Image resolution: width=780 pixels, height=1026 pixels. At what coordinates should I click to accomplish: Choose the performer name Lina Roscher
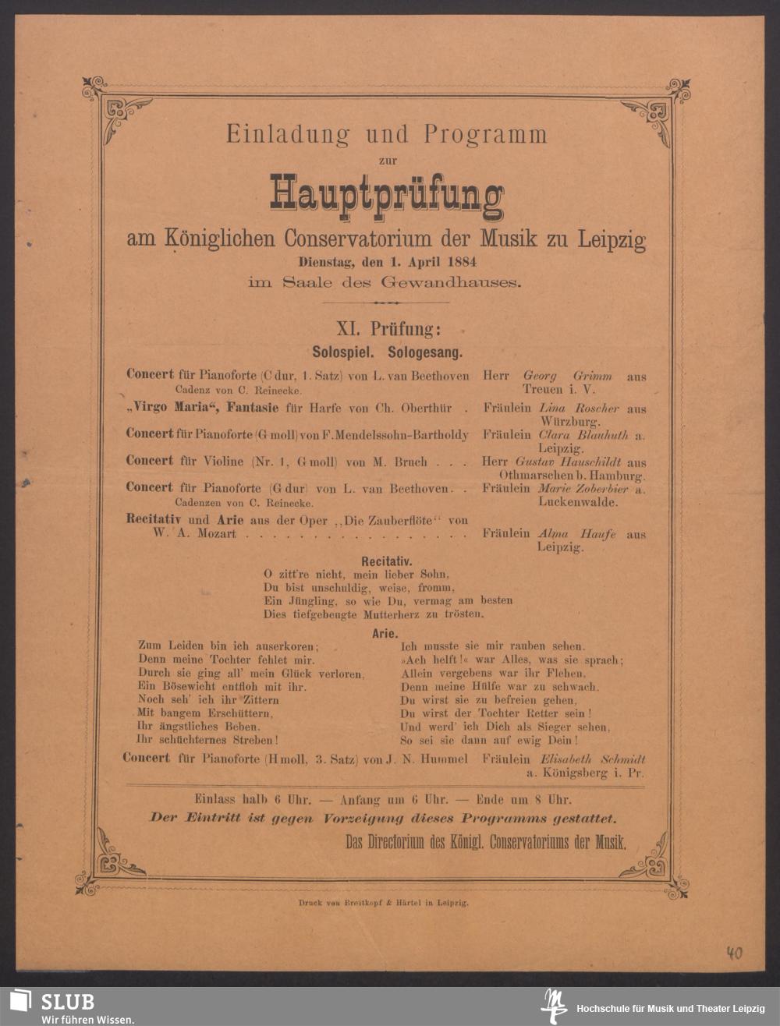(579, 409)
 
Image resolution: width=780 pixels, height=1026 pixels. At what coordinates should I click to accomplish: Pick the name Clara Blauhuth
(582, 435)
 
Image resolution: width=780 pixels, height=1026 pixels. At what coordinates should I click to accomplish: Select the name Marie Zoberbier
(583, 489)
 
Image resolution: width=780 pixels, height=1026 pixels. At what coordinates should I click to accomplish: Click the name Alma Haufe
(576, 535)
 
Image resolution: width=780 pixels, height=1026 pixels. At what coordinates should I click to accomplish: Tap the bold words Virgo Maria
(168, 408)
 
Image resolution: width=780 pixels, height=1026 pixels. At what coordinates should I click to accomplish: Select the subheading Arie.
(386, 633)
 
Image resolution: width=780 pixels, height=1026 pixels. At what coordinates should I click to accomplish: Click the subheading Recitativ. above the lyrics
(387, 561)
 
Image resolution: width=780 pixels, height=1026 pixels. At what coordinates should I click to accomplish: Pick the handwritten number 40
(733, 953)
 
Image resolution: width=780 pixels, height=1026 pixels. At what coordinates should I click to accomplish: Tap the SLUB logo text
(68, 1001)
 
